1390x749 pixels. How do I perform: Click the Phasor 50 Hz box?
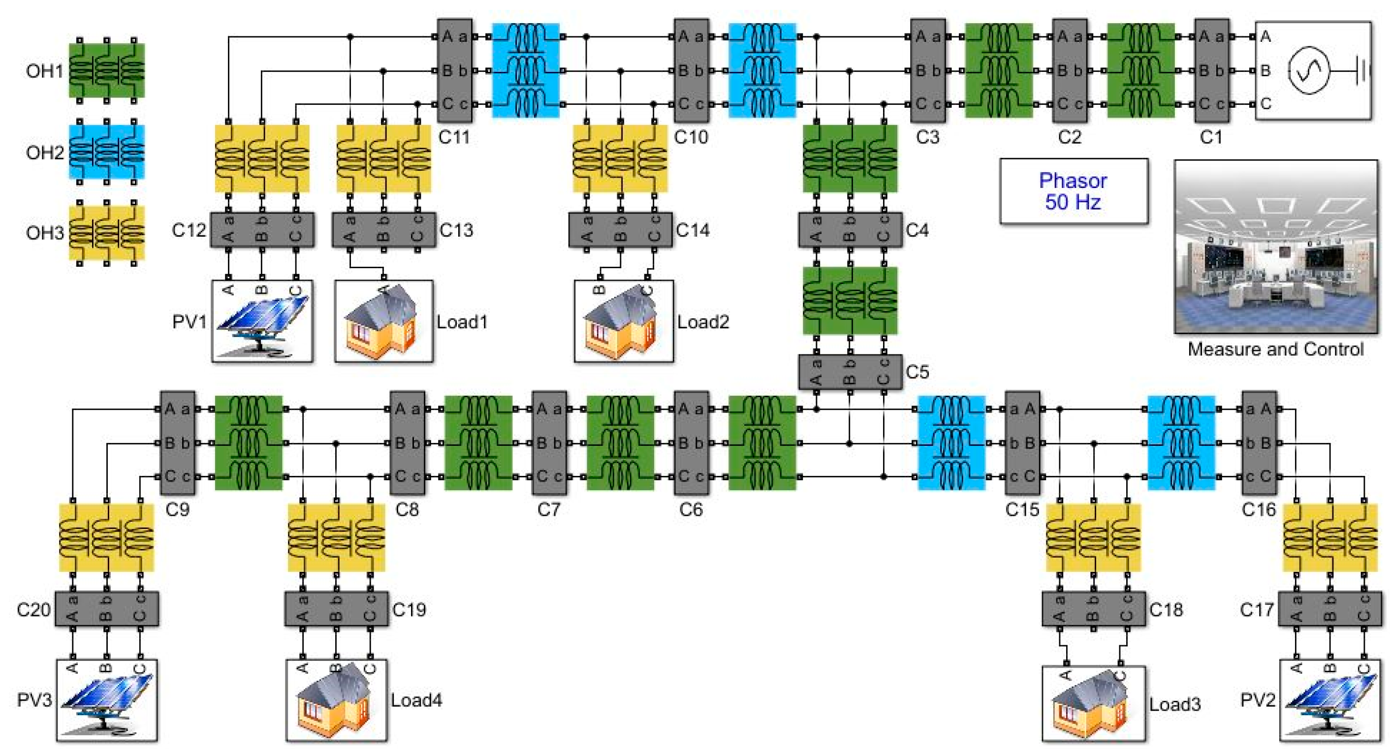pyautogui.click(x=1073, y=191)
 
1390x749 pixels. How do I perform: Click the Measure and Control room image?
pyautogui.click(x=1276, y=247)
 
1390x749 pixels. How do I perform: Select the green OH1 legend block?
pyautogui.click(x=106, y=71)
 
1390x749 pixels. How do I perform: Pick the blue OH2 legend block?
pyautogui.click(x=106, y=152)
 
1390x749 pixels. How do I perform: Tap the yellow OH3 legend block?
pyautogui.click(x=106, y=233)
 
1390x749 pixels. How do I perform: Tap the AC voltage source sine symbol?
pyautogui.click(x=1308, y=70)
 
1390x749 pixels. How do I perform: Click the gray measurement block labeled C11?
pyautogui.click(x=454, y=70)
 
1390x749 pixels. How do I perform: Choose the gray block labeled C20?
pyautogui.click(x=106, y=609)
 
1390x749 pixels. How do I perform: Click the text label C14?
pyautogui.click(x=693, y=230)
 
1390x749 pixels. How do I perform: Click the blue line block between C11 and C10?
pyautogui.click(x=526, y=70)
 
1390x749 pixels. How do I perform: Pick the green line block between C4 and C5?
pyautogui.click(x=850, y=301)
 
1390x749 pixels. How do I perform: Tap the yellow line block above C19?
pyautogui.click(x=336, y=537)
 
